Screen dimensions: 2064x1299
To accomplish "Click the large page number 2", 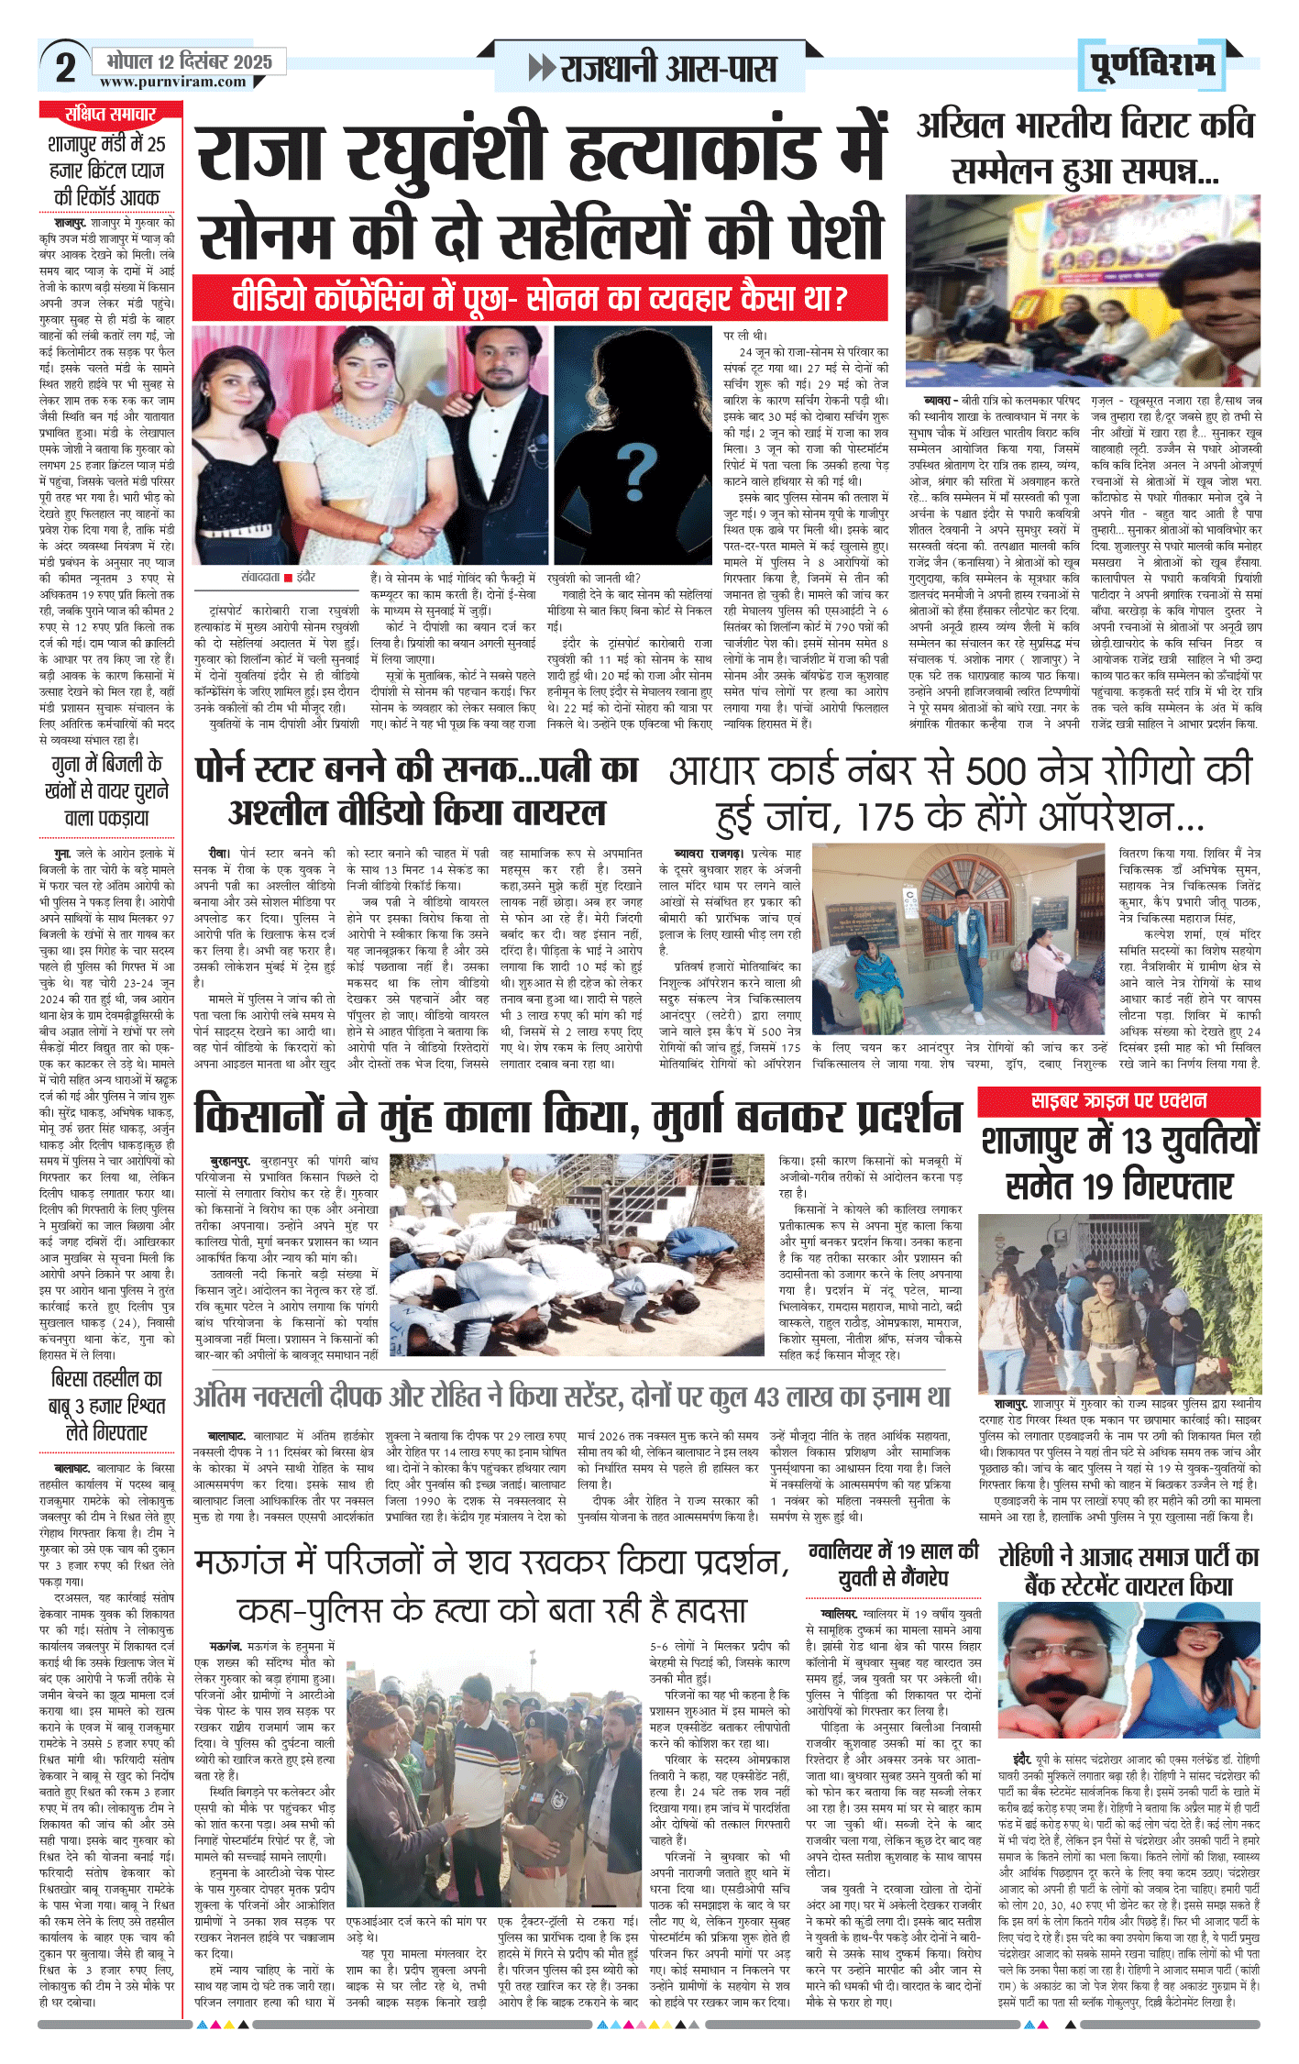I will click(x=65, y=68).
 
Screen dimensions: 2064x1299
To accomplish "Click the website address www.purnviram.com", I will click(x=173, y=82).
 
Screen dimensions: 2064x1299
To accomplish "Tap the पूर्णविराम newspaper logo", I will click(x=1152, y=65).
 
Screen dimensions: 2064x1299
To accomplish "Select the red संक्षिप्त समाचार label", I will click(x=110, y=114).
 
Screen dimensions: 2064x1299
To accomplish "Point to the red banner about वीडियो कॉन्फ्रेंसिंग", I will click(x=540, y=298).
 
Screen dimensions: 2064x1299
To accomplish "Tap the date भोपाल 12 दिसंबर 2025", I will click(x=190, y=61).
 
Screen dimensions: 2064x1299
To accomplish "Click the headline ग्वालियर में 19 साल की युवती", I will click(x=894, y=1565).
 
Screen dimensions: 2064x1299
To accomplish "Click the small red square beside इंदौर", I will click(x=289, y=578).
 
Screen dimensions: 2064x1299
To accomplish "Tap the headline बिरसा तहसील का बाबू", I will click(x=107, y=1405).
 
